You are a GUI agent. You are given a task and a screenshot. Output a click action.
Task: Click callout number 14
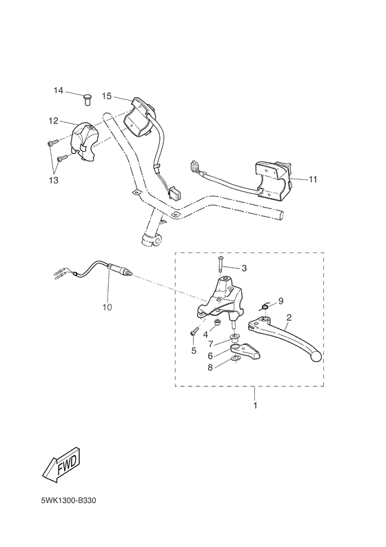(x=59, y=90)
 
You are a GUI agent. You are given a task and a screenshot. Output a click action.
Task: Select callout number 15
(x=107, y=96)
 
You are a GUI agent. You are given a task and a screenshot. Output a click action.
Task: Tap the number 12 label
(x=53, y=121)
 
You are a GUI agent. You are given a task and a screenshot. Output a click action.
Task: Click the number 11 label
(x=313, y=179)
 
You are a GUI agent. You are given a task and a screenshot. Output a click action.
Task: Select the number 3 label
(x=243, y=268)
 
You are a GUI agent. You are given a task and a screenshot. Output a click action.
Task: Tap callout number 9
(x=281, y=301)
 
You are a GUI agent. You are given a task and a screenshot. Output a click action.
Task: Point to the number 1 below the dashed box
(x=255, y=406)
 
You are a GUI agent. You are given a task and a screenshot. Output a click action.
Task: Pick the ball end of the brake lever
(x=316, y=357)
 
